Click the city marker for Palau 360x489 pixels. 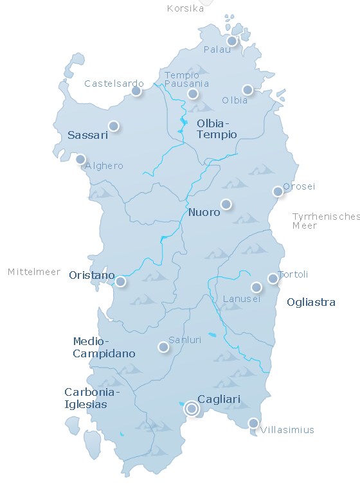point(232,41)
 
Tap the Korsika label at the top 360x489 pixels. point(185,8)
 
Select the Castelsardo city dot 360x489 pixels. point(136,91)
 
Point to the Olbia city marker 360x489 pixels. point(248,90)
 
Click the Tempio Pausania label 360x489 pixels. point(186,79)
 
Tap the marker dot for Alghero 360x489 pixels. point(80,159)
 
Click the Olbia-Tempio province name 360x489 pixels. point(217,129)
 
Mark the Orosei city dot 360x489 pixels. point(278,191)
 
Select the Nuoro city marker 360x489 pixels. point(226,204)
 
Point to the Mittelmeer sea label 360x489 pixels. point(33,272)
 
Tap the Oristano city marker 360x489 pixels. point(120,281)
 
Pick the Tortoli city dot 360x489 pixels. point(273,278)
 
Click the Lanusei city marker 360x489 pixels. point(256,287)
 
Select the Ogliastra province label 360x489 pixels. point(311,302)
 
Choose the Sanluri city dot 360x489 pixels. point(163,347)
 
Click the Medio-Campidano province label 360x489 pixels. point(104,347)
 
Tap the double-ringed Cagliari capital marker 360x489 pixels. point(191,408)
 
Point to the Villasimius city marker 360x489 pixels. point(253,423)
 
